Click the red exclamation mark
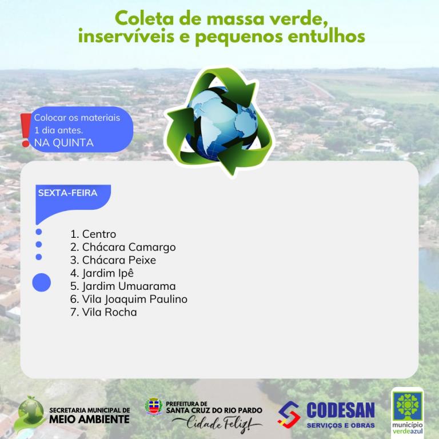26,130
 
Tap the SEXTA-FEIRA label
68,193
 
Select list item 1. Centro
93,234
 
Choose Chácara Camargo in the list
123,247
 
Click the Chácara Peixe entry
113,260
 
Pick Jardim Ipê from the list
102,273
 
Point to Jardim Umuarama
123,286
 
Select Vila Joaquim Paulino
129,300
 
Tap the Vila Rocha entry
103,312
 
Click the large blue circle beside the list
41,282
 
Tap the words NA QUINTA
64,143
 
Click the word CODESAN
341,410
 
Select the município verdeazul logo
408,411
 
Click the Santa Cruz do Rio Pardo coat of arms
154,406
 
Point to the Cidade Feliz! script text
217,424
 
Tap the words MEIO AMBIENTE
89,419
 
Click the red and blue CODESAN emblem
289,415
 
